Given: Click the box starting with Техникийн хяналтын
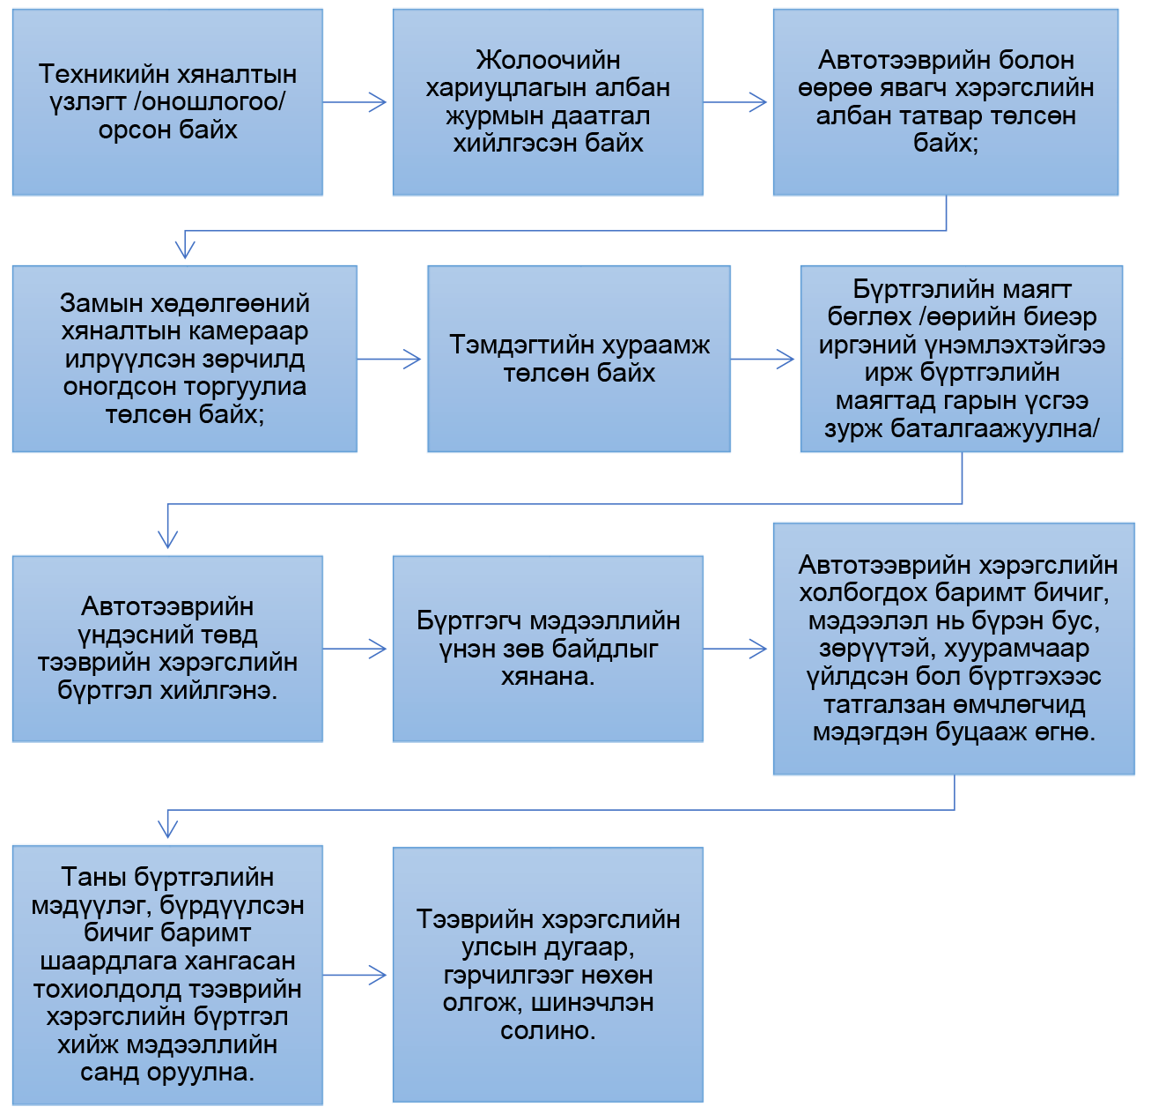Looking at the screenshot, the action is (167, 102).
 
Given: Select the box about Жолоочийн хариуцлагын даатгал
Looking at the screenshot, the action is (548, 102).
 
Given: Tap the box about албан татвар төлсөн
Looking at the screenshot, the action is (946, 102).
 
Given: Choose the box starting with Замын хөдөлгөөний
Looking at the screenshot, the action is (185, 359).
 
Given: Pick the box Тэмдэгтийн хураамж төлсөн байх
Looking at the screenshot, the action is (579, 359).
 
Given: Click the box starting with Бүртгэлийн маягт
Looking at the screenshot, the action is (962, 359).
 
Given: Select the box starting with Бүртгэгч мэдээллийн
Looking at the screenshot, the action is (548, 649).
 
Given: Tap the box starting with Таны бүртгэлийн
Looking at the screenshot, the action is (167, 975).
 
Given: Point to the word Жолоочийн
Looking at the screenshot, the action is (549, 60).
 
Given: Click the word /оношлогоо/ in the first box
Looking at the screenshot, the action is (210, 102).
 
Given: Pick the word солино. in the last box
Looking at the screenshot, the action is (548, 1031).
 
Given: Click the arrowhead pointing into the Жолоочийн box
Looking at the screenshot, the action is (378, 102).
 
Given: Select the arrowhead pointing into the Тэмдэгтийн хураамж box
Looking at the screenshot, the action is (412, 359).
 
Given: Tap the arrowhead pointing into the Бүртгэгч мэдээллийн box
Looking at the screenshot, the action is (378, 649).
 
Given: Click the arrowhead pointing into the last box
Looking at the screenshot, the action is (378, 975).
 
